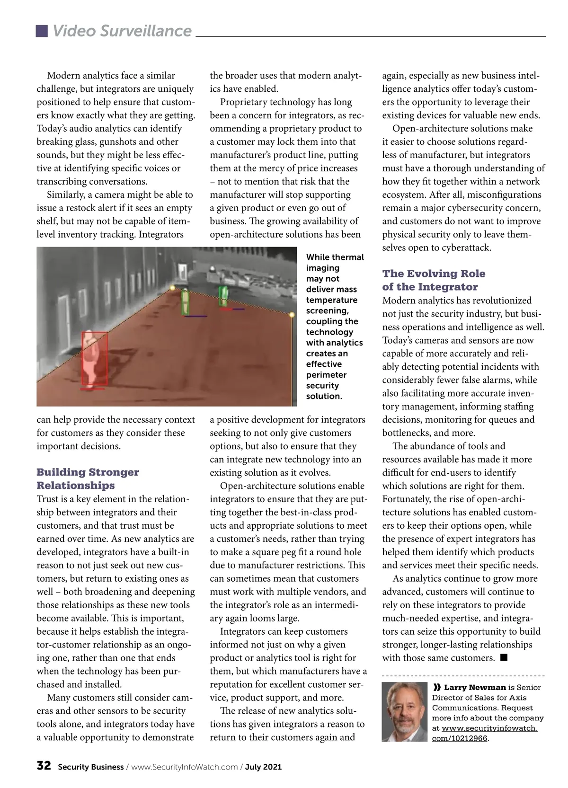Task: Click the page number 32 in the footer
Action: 44,766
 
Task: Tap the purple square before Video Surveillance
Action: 42,31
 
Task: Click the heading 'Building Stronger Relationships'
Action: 88,478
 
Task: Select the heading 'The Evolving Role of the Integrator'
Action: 434,280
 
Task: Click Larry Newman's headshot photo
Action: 405,711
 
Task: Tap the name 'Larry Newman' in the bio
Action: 475,687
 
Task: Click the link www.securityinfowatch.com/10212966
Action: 484,733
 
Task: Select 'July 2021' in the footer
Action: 263,767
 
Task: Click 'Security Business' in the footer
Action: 90,767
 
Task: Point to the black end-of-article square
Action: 504,657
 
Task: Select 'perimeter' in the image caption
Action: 326,375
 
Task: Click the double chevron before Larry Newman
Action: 437,687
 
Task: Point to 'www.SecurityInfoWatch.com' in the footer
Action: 184,767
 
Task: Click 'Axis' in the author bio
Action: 518,698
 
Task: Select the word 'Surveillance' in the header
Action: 146,31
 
